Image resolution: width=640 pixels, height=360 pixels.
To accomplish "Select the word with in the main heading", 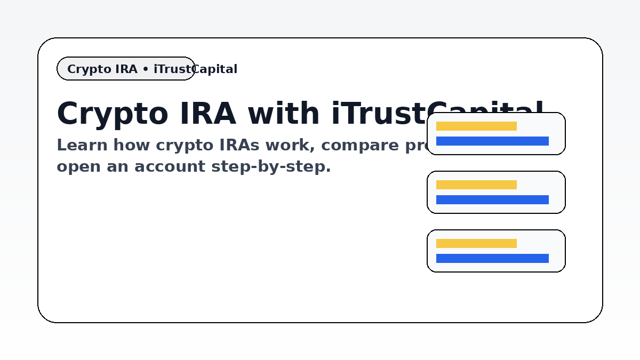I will (x=284, y=114).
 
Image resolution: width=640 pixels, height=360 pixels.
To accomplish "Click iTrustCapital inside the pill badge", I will (x=195, y=69).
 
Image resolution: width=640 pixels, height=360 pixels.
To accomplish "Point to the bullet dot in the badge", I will (x=146, y=69).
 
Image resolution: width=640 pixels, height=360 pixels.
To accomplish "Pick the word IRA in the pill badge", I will (x=126, y=69).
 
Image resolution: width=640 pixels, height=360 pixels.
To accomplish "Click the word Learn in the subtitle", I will (x=82, y=145).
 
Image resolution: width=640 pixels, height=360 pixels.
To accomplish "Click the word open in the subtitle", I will (x=78, y=166).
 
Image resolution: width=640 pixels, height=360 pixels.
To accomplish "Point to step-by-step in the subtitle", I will (x=271, y=166).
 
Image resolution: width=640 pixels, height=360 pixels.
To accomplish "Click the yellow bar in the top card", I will (x=476, y=126).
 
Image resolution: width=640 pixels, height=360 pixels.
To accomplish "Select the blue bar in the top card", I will (x=492, y=141).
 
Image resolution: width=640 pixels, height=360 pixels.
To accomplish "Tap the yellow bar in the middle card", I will (x=476, y=185).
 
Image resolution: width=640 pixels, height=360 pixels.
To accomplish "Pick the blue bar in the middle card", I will (x=492, y=200).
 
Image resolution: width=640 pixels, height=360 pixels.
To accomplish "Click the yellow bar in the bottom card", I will (x=476, y=244).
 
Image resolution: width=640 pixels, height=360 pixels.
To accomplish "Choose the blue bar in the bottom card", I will (x=492, y=259).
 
